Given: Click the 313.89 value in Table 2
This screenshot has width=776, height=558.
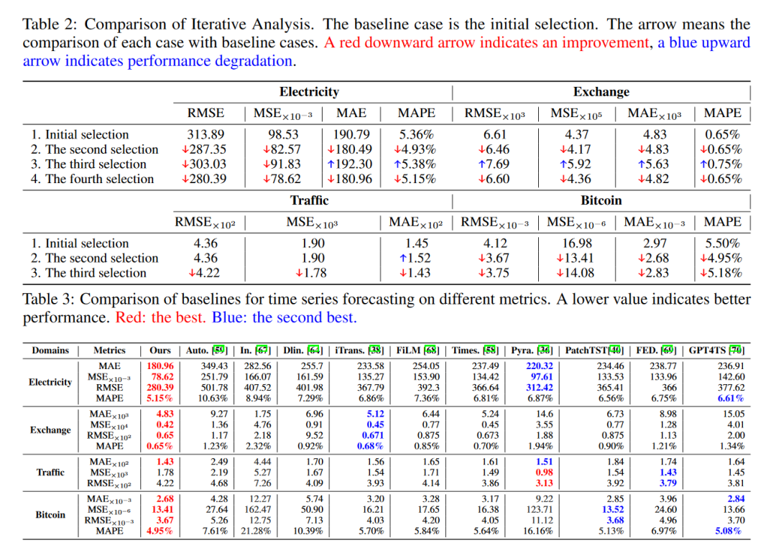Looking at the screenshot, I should (x=205, y=135).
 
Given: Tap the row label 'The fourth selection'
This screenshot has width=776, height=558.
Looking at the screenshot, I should (x=93, y=179).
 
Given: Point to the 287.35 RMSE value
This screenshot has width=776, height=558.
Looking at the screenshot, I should (x=205, y=149).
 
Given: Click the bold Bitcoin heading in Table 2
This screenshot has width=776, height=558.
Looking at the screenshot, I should (x=601, y=200).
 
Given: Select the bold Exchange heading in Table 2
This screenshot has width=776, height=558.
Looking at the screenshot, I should (x=601, y=92).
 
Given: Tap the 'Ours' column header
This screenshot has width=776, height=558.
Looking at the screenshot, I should (x=160, y=350).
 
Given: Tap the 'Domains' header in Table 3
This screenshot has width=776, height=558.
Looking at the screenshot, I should (x=50, y=350).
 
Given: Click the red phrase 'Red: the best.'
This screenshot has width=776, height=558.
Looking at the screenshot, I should (x=162, y=317).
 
